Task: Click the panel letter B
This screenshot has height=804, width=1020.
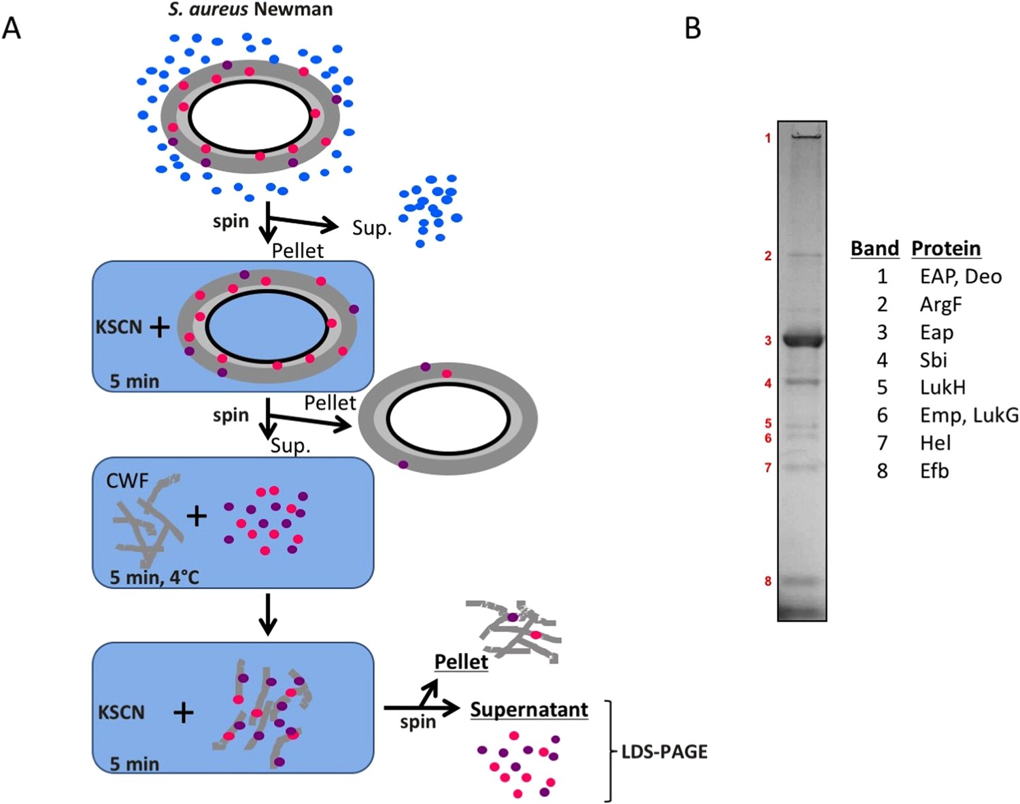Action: (692, 28)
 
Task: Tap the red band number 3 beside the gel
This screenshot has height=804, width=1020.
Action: (768, 340)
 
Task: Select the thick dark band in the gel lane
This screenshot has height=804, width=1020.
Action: (802, 338)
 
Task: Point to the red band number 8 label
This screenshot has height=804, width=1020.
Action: (768, 581)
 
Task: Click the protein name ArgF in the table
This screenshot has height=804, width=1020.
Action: (940, 304)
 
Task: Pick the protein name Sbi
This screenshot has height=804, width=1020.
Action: (933, 360)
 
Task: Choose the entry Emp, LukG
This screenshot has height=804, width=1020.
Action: (969, 415)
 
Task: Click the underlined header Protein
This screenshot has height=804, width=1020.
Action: (946, 248)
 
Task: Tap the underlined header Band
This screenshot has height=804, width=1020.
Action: (874, 248)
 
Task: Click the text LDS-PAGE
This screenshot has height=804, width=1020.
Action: (664, 752)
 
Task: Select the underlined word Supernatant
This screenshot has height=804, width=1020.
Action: (529, 709)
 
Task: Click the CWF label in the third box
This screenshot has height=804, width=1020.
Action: (127, 481)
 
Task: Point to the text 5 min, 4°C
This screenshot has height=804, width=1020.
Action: (154, 577)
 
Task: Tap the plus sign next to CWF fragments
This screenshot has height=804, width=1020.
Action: (197, 516)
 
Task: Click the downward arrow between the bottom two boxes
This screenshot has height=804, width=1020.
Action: (268, 614)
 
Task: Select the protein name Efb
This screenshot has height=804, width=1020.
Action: (934, 471)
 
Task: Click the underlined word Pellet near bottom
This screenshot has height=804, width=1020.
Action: (461, 662)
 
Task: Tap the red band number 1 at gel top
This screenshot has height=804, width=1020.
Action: (768, 139)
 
